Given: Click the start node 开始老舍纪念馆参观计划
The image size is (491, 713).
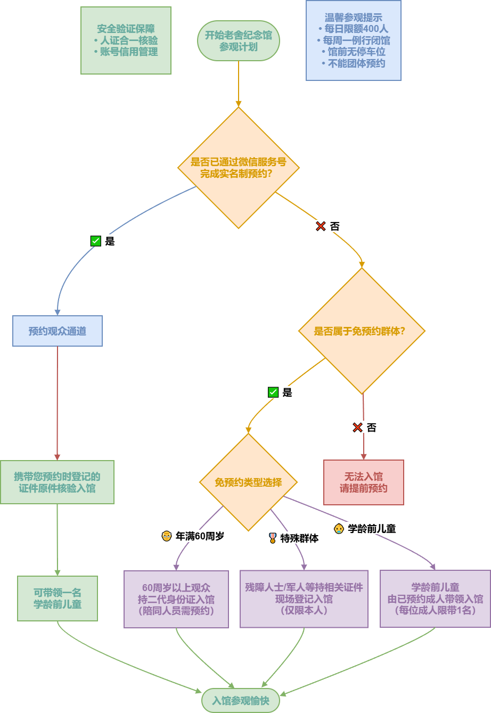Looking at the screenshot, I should click(238, 41).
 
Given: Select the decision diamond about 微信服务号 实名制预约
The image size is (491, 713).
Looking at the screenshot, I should click(238, 168).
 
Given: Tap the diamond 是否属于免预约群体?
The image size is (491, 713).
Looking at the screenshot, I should click(362, 331).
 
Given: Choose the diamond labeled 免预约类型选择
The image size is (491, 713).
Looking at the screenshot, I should click(248, 482).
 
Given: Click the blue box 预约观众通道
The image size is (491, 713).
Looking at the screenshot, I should click(58, 331).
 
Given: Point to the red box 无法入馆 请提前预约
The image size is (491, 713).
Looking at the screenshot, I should click(364, 482).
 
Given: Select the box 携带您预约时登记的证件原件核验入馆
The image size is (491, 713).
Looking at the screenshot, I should click(57, 482).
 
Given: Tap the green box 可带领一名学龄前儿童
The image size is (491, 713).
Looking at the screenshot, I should click(58, 599).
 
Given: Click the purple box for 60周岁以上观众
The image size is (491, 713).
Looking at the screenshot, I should click(176, 599).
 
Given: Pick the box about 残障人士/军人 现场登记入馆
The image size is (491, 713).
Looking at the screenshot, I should click(304, 599).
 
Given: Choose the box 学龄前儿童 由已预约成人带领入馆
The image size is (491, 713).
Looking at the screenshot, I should click(435, 599).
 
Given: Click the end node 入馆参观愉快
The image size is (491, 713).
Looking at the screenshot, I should click(241, 701).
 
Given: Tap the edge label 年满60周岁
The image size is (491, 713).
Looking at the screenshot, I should click(193, 536).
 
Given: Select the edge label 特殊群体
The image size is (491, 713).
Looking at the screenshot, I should click(293, 538).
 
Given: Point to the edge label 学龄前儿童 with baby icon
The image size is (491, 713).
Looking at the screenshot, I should click(365, 528).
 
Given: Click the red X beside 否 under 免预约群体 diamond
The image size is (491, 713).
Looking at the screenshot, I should click(357, 427).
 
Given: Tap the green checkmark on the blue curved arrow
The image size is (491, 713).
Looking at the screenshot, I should click(96, 241).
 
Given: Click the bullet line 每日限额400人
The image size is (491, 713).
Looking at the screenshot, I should click(354, 29).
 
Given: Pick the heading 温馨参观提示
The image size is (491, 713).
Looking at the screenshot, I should click(354, 17).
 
